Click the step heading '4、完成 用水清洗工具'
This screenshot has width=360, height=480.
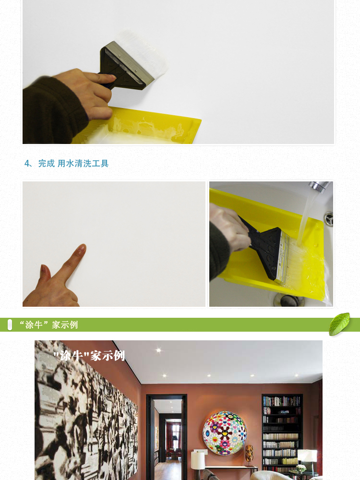[66, 164]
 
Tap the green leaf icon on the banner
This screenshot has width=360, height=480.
[339, 324]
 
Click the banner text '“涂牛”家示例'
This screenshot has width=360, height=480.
[48, 324]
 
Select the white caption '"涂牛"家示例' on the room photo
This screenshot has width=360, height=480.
[89, 356]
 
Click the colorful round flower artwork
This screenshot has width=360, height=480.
[225, 432]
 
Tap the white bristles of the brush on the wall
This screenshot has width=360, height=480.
[144, 52]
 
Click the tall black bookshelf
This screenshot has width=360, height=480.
[282, 435]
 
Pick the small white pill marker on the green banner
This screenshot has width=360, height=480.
[10, 325]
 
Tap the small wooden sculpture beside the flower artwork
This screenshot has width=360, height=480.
[249, 453]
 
